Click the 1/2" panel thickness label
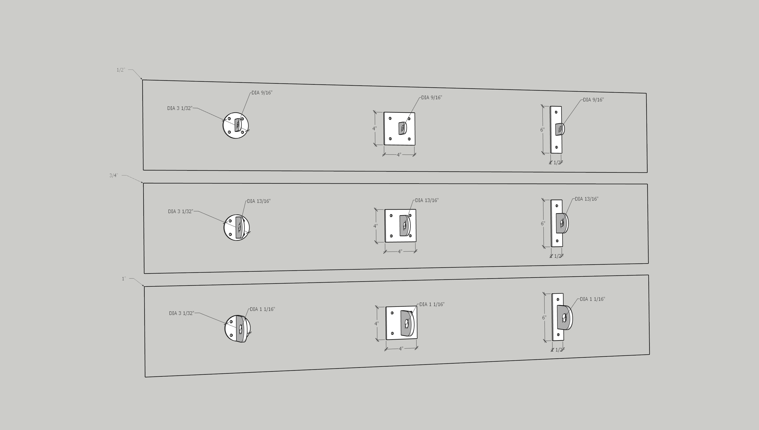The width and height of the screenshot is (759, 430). tap(121, 70)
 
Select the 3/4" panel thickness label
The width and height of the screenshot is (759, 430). tap(114, 175)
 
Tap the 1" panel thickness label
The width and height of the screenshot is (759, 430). tap(124, 279)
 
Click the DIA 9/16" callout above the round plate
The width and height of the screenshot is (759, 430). tap(262, 93)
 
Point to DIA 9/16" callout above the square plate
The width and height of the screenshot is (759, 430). tap(431, 97)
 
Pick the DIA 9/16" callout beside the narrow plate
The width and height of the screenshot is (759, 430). tap(593, 100)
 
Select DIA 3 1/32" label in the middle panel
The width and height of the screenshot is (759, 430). tap(181, 211)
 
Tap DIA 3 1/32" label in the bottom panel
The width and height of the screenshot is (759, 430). tap(182, 313)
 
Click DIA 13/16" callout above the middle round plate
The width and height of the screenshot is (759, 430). tap(259, 201)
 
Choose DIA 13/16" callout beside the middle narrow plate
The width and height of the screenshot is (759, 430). tap(586, 199)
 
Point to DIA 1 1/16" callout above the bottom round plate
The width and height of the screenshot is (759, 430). tap(262, 309)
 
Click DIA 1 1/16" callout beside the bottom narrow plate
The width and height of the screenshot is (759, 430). tap(592, 299)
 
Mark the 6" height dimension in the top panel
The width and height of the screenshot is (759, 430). tap(542, 130)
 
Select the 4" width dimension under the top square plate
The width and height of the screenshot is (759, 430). tap(399, 155)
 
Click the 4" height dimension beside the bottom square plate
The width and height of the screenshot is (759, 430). tap(376, 324)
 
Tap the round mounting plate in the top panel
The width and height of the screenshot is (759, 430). tap(236, 126)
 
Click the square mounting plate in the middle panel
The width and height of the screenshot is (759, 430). tap(400, 226)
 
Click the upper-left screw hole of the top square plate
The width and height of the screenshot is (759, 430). tap(390, 118)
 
